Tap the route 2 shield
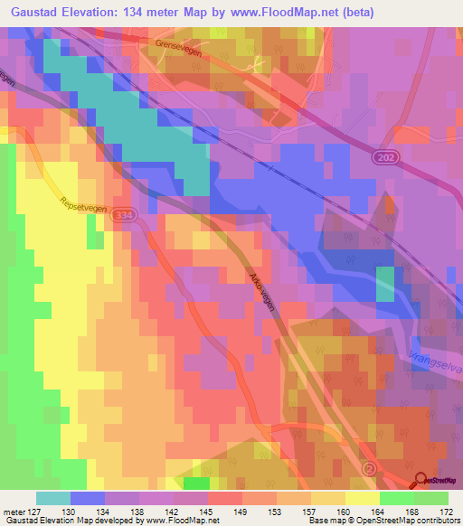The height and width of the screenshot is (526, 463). tap(369, 468)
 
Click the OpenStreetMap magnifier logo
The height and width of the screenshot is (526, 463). tap(422, 480)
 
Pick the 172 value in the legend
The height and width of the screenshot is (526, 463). tap(448, 511)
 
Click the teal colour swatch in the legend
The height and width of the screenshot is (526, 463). tap(53, 498)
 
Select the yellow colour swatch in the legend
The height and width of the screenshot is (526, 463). tap(362, 498)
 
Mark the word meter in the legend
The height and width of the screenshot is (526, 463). tap(14, 511)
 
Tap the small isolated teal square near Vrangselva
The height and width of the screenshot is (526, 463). tap(385, 283)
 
